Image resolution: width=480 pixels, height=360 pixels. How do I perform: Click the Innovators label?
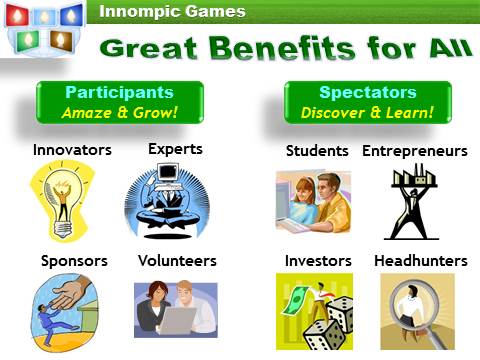pyautogui.click(x=72, y=151)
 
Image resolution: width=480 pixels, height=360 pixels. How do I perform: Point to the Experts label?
pyautogui.click(x=175, y=149)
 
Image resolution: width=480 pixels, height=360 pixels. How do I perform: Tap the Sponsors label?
pyautogui.click(x=74, y=261)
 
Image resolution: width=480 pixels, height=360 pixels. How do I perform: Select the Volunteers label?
pyautogui.click(x=177, y=261)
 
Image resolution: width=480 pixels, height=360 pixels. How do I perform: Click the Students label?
pyautogui.click(x=318, y=151)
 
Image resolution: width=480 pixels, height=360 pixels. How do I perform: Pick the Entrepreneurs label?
pyautogui.click(x=414, y=151)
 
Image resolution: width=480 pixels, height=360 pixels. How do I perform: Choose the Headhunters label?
pyautogui.click(x=420, y=261)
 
